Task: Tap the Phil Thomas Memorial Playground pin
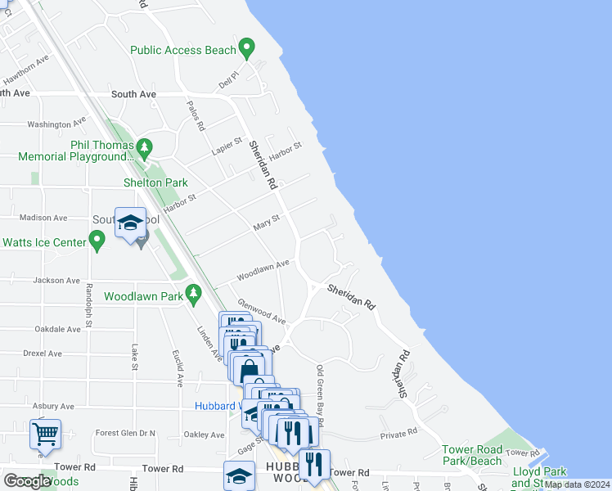[x=145, y=149]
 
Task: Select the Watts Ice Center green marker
[x=97, y=241]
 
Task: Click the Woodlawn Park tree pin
[x=193, y=292]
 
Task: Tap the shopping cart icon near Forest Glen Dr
[x=46, y=433]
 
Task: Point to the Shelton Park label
[x=155, y=182]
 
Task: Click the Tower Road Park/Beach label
[x=473, y=456]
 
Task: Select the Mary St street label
[x=267, y=222]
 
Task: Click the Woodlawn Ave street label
[x=263, y=270]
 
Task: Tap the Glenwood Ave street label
[x=261, y=310]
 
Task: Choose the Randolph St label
[x=88, y=302]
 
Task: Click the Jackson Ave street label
[x=56, y=280]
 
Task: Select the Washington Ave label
[x=56, y=124]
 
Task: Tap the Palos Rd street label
[x=195, y=118]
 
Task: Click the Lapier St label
[x=227, y=146]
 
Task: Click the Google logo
[x=27, y=481]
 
